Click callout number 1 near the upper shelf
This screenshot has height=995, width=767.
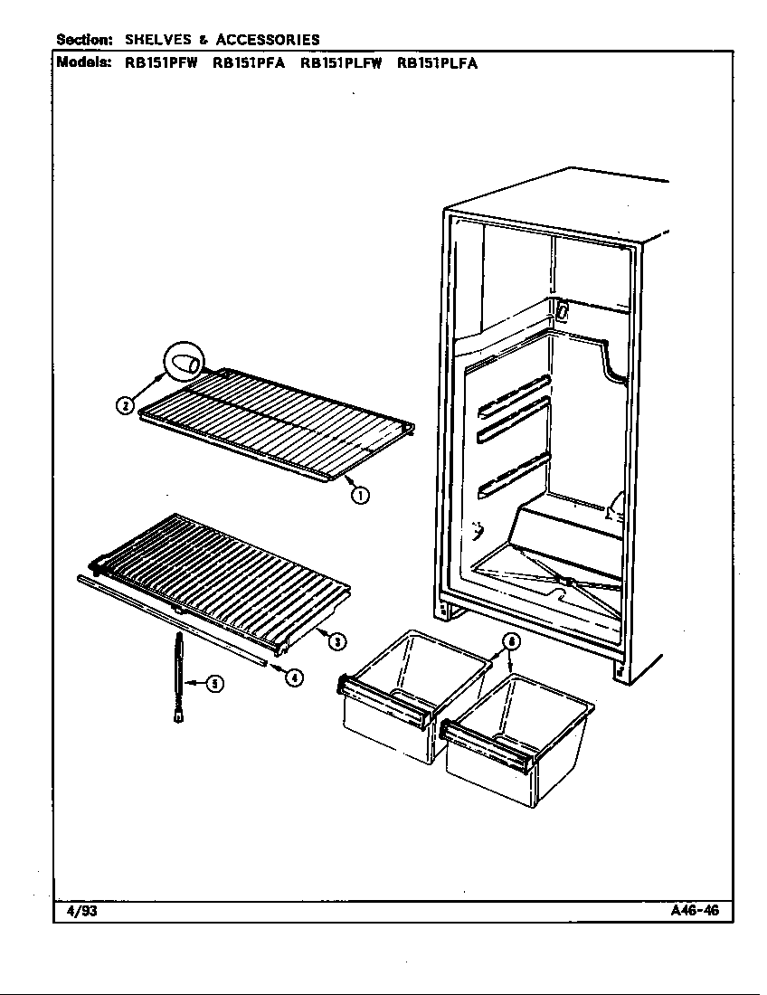[x=359, y=495]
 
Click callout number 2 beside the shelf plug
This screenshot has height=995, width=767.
[x=125, y=404]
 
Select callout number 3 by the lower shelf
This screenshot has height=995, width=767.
[x=336, y=641]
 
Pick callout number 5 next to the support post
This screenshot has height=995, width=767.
[x=213, y=684]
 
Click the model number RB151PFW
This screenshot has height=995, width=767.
[x=157, y=64]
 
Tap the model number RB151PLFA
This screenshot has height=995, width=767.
[x=437, y=64]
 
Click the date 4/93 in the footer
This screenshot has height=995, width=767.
[x=81, y=911]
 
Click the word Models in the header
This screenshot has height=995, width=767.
[x=85, y=63]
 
